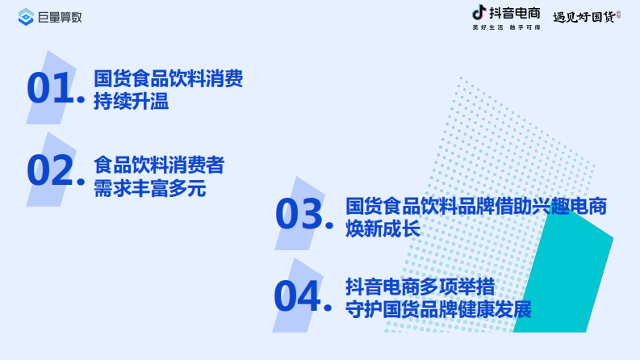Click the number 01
(x=51, y=89)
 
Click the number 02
(x=51, y=170)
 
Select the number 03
(x=299, y=215)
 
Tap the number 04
(x=297, y=296)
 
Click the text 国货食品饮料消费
(x=168, y=79)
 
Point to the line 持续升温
(x=131, y=103)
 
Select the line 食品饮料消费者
(x=159, y=165)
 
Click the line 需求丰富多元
(x=150, y=189)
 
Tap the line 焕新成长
(x=383, y=229)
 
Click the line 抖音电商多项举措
(x=420, y=287)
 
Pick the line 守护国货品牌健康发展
(x=438, y=309)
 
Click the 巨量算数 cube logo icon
(x=26, y=16)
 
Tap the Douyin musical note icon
(x=479, y=12)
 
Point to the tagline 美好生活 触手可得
(x=506, y=28)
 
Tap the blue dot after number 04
(x=328, y=307)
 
